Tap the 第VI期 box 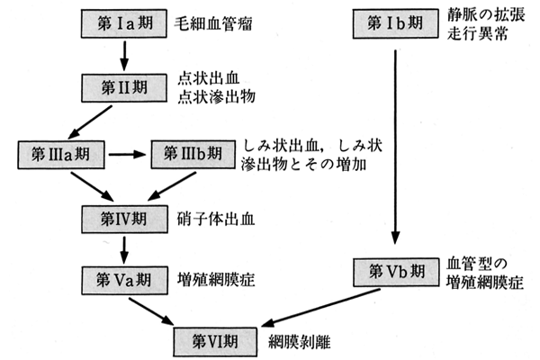215,341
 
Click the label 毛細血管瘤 214,21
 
